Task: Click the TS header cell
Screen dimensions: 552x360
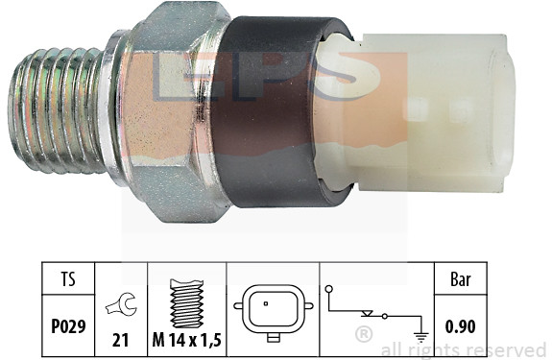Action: click(68, 279)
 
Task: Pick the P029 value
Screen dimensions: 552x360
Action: click(68, 326)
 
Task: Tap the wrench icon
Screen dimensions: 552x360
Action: click(122, 305)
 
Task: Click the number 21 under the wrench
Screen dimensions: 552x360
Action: click(120, 340)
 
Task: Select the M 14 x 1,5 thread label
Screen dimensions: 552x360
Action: click(186, 340)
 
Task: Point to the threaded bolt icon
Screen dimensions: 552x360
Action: click(186, 303)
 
